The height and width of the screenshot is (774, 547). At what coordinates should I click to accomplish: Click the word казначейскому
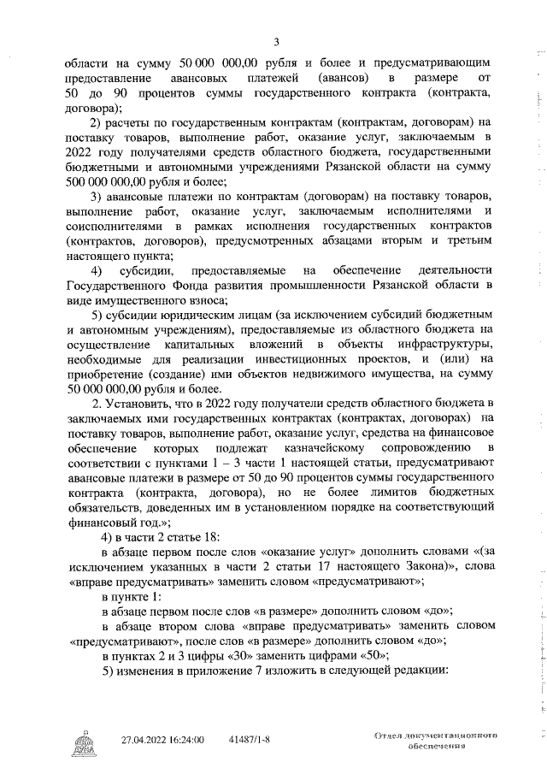pyautogui.click(x=344, y=448)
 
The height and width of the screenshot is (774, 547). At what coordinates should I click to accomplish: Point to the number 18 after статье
pyautogui.click(x=209, y=537)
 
